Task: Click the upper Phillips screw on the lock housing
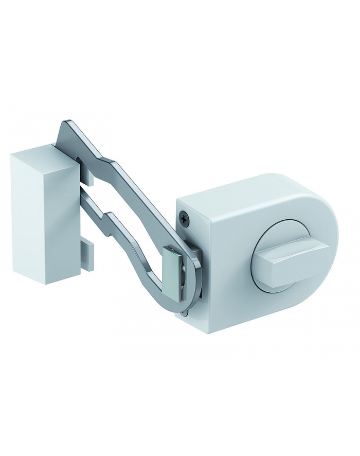click(185, 218)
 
